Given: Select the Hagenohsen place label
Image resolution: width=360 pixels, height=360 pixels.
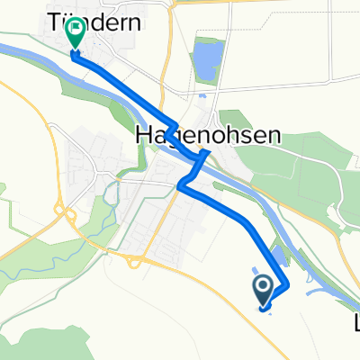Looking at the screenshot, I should click(207, 135).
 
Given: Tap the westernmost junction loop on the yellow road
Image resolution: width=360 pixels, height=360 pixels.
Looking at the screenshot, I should click(65, 213).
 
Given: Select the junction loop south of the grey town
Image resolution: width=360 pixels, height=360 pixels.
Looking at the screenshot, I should click(132, 260).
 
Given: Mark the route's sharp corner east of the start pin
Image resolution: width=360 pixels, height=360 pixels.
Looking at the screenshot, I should click(287, 285).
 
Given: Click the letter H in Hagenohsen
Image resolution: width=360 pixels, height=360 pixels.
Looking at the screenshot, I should click(142, 135).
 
